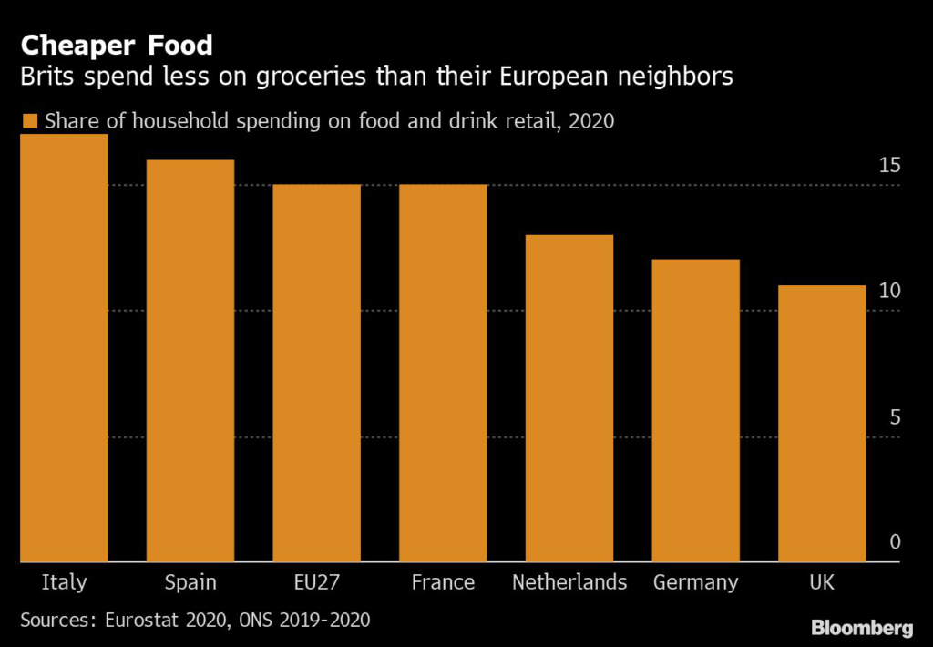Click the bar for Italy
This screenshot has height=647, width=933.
pos(64,348)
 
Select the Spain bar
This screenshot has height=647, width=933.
pos(190,361)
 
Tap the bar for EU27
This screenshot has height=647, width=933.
pos(317,374)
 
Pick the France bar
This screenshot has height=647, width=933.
pos(444,374)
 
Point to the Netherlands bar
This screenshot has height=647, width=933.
pos(569,398)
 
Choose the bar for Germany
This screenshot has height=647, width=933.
pos(696,411)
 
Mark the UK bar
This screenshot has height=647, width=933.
pos(822,424)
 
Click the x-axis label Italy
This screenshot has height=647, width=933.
pos(64,582)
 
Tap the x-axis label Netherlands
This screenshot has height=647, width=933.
pos(569,582)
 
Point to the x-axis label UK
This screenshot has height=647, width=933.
pos(821,582)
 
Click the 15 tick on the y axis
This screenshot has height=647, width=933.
pos(889,166)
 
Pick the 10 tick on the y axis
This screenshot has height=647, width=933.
pos(889,292)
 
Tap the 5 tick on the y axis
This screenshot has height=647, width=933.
pos(895,417)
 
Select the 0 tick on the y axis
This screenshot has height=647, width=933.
pos(895,542)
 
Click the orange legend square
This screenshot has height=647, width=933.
pos(29,121)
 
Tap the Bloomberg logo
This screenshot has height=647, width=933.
pos(862,628)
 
